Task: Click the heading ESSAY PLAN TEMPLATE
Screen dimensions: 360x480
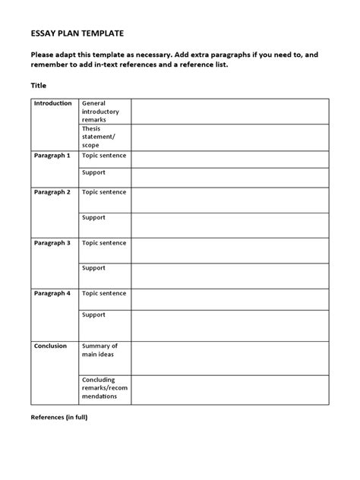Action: (x=77, y=33)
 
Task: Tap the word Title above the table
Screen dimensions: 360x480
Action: (x=38, y=86)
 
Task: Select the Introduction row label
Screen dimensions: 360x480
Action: (x=53, y=103)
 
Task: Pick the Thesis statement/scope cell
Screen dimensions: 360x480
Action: (x=99, y=136)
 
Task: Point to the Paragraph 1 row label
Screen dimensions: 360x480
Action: (x=52, y=155)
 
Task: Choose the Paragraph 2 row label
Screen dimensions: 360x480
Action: (x=52, y=192)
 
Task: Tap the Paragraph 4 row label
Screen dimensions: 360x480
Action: (x=52, y=292)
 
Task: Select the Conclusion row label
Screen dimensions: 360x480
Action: (x=51, y=346)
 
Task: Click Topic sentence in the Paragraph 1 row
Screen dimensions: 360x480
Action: (x=104, y=155)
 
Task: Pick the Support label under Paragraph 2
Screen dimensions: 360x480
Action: (x=93, y=217)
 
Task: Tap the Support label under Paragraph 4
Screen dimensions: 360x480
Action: (x=93, y=314)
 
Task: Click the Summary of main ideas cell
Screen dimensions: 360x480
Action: (x=99, y=350)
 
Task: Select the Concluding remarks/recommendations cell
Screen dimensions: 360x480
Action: (x=104, y=387)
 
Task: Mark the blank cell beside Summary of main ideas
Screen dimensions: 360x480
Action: (x=229, y=357)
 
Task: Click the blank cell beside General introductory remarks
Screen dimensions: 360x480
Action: (x=229, y=111)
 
